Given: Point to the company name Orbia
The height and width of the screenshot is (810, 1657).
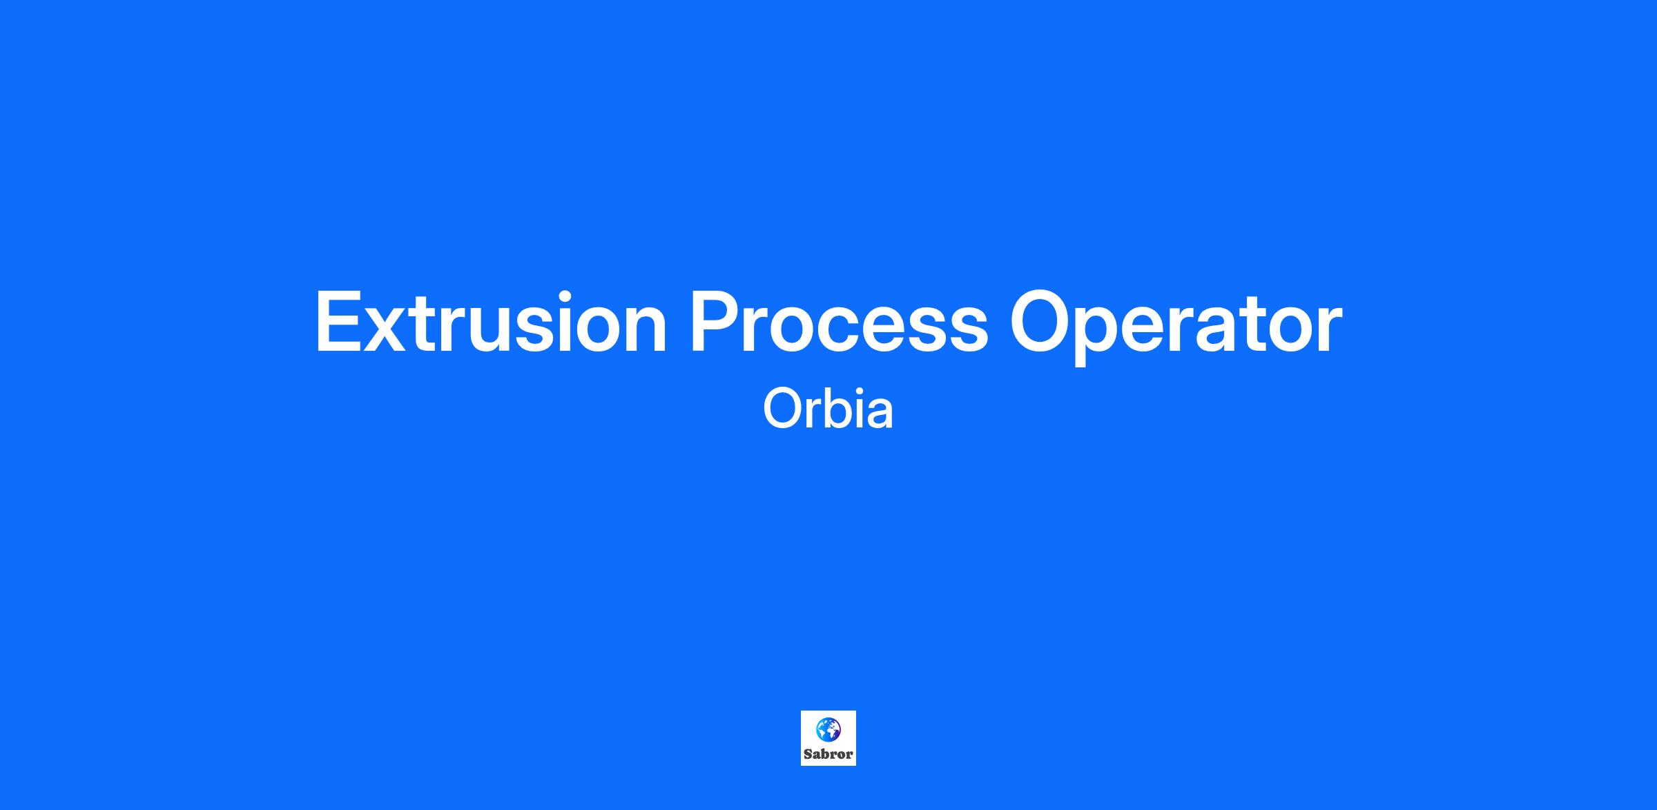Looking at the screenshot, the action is pos(828,409).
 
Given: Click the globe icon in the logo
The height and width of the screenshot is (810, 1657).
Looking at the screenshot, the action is pos(828,729).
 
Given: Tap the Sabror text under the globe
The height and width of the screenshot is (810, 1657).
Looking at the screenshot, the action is pos(828,754).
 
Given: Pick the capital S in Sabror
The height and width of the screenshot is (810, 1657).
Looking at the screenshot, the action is pos(808,754).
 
